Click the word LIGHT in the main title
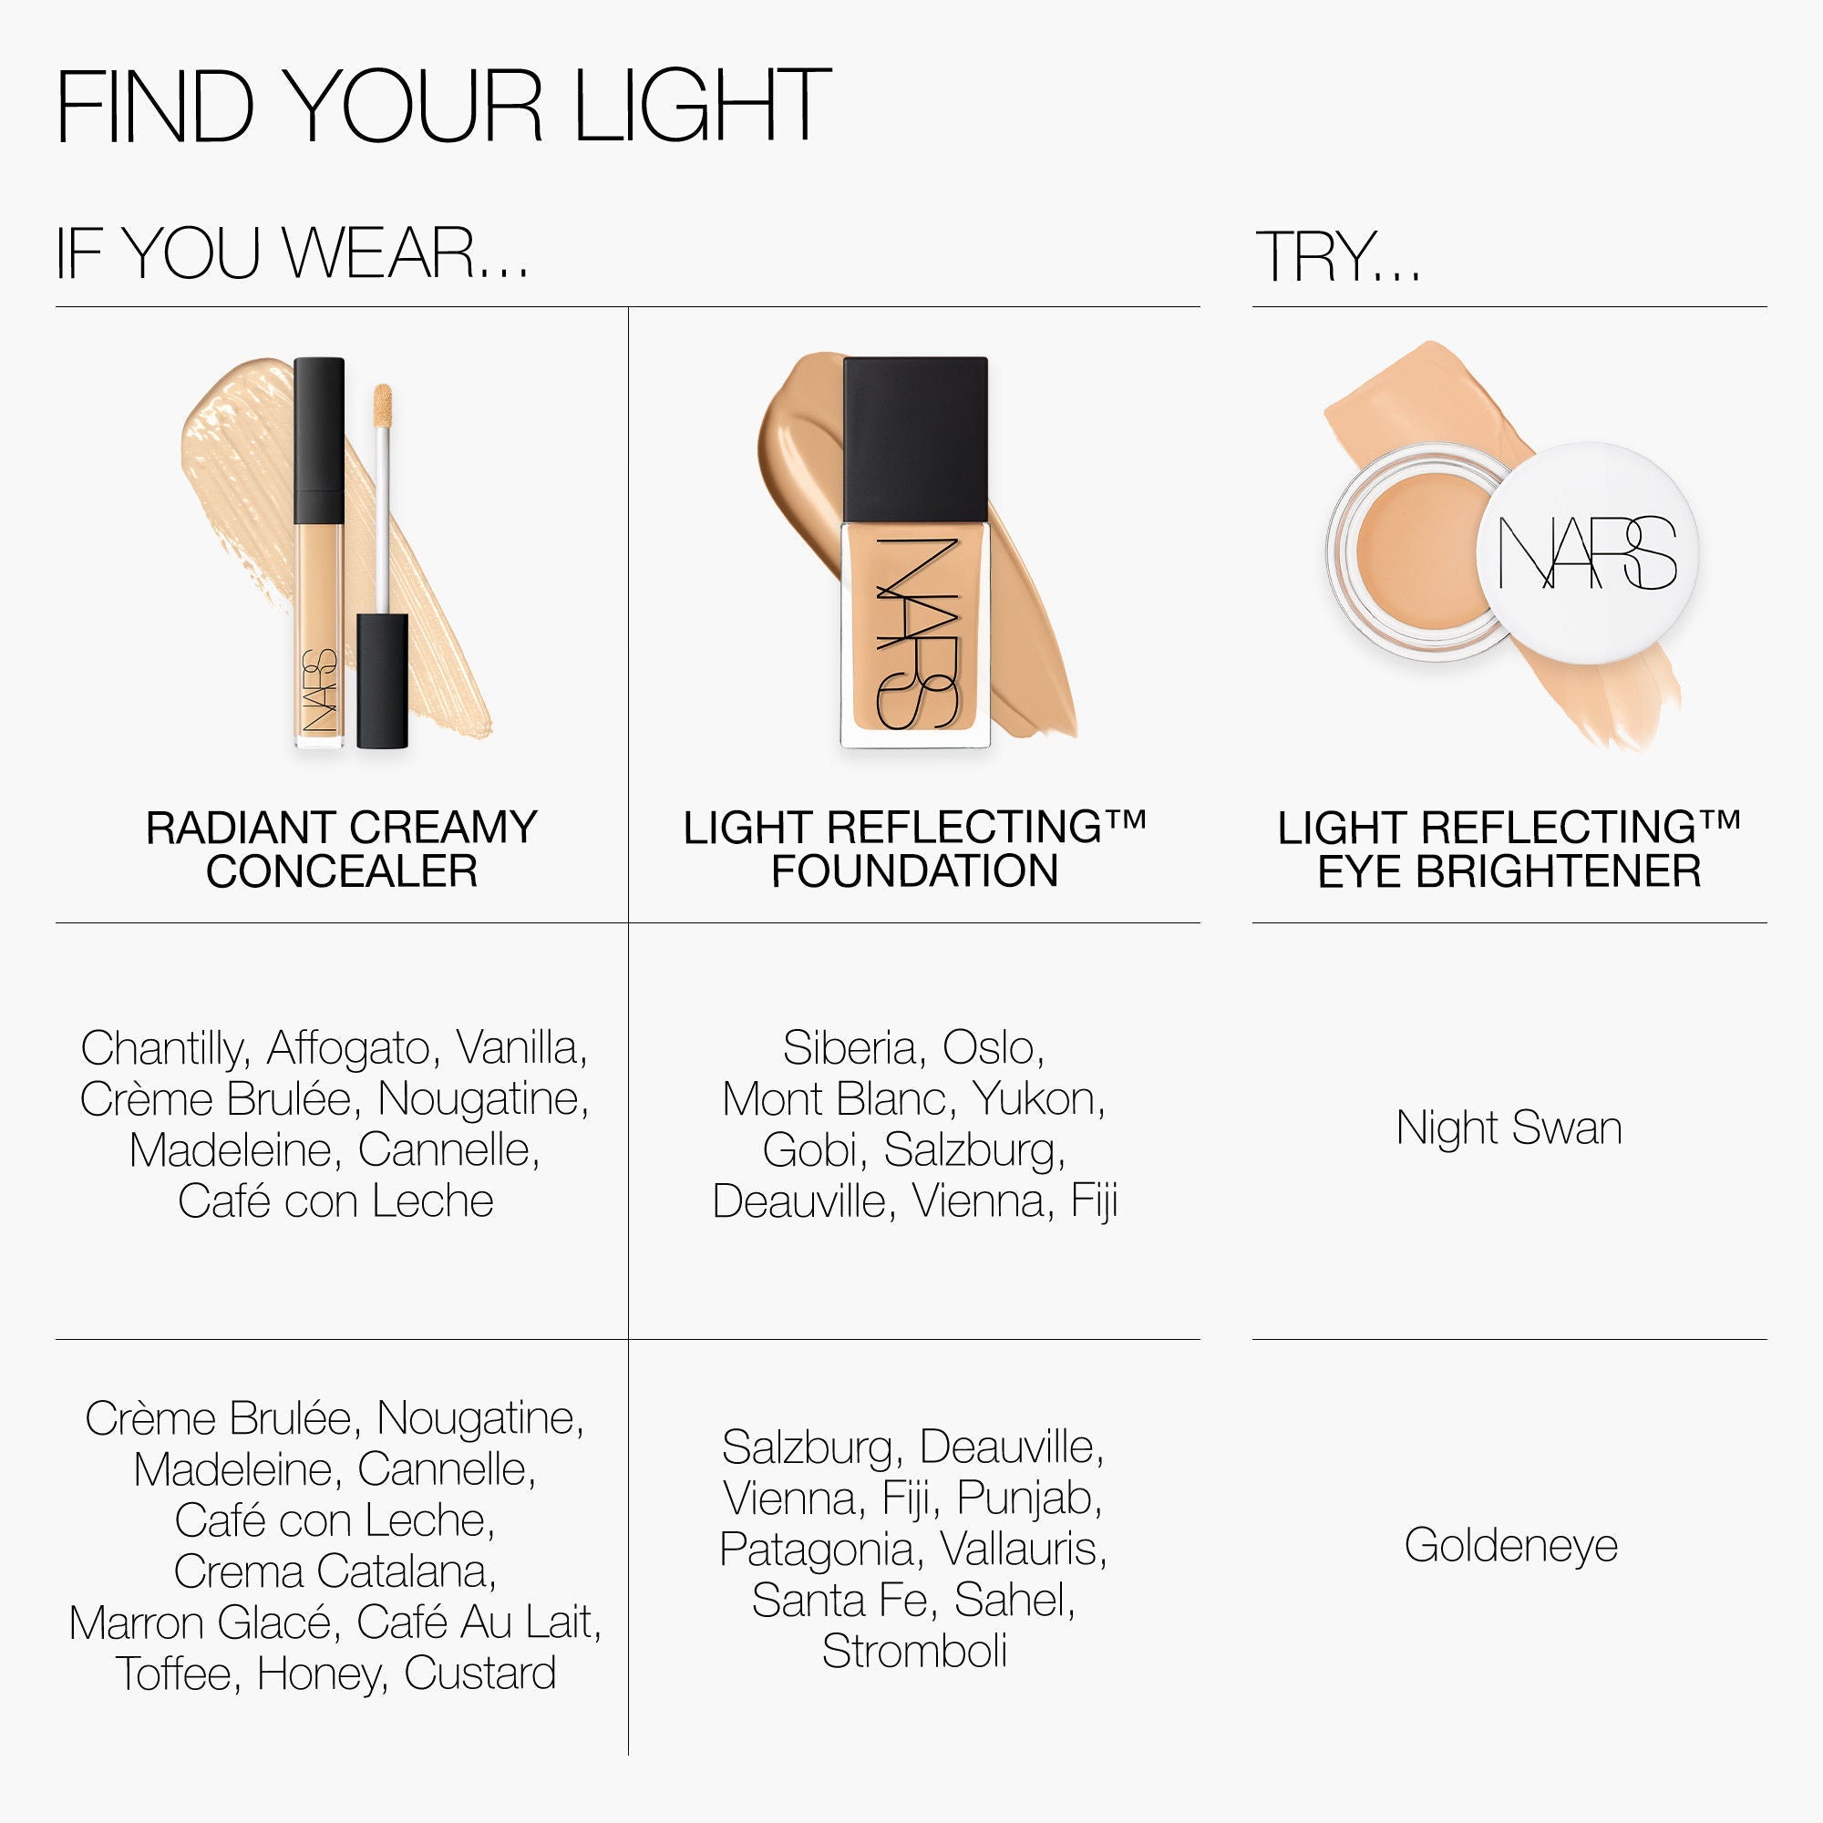702,106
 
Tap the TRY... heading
1337,257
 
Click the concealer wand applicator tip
382,406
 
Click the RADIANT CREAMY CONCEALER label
342,849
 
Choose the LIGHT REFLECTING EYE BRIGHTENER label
1509,849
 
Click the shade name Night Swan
1509,1128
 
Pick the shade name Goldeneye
1510,1545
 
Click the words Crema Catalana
335,1571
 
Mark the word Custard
480,1673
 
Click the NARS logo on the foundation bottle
915,633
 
